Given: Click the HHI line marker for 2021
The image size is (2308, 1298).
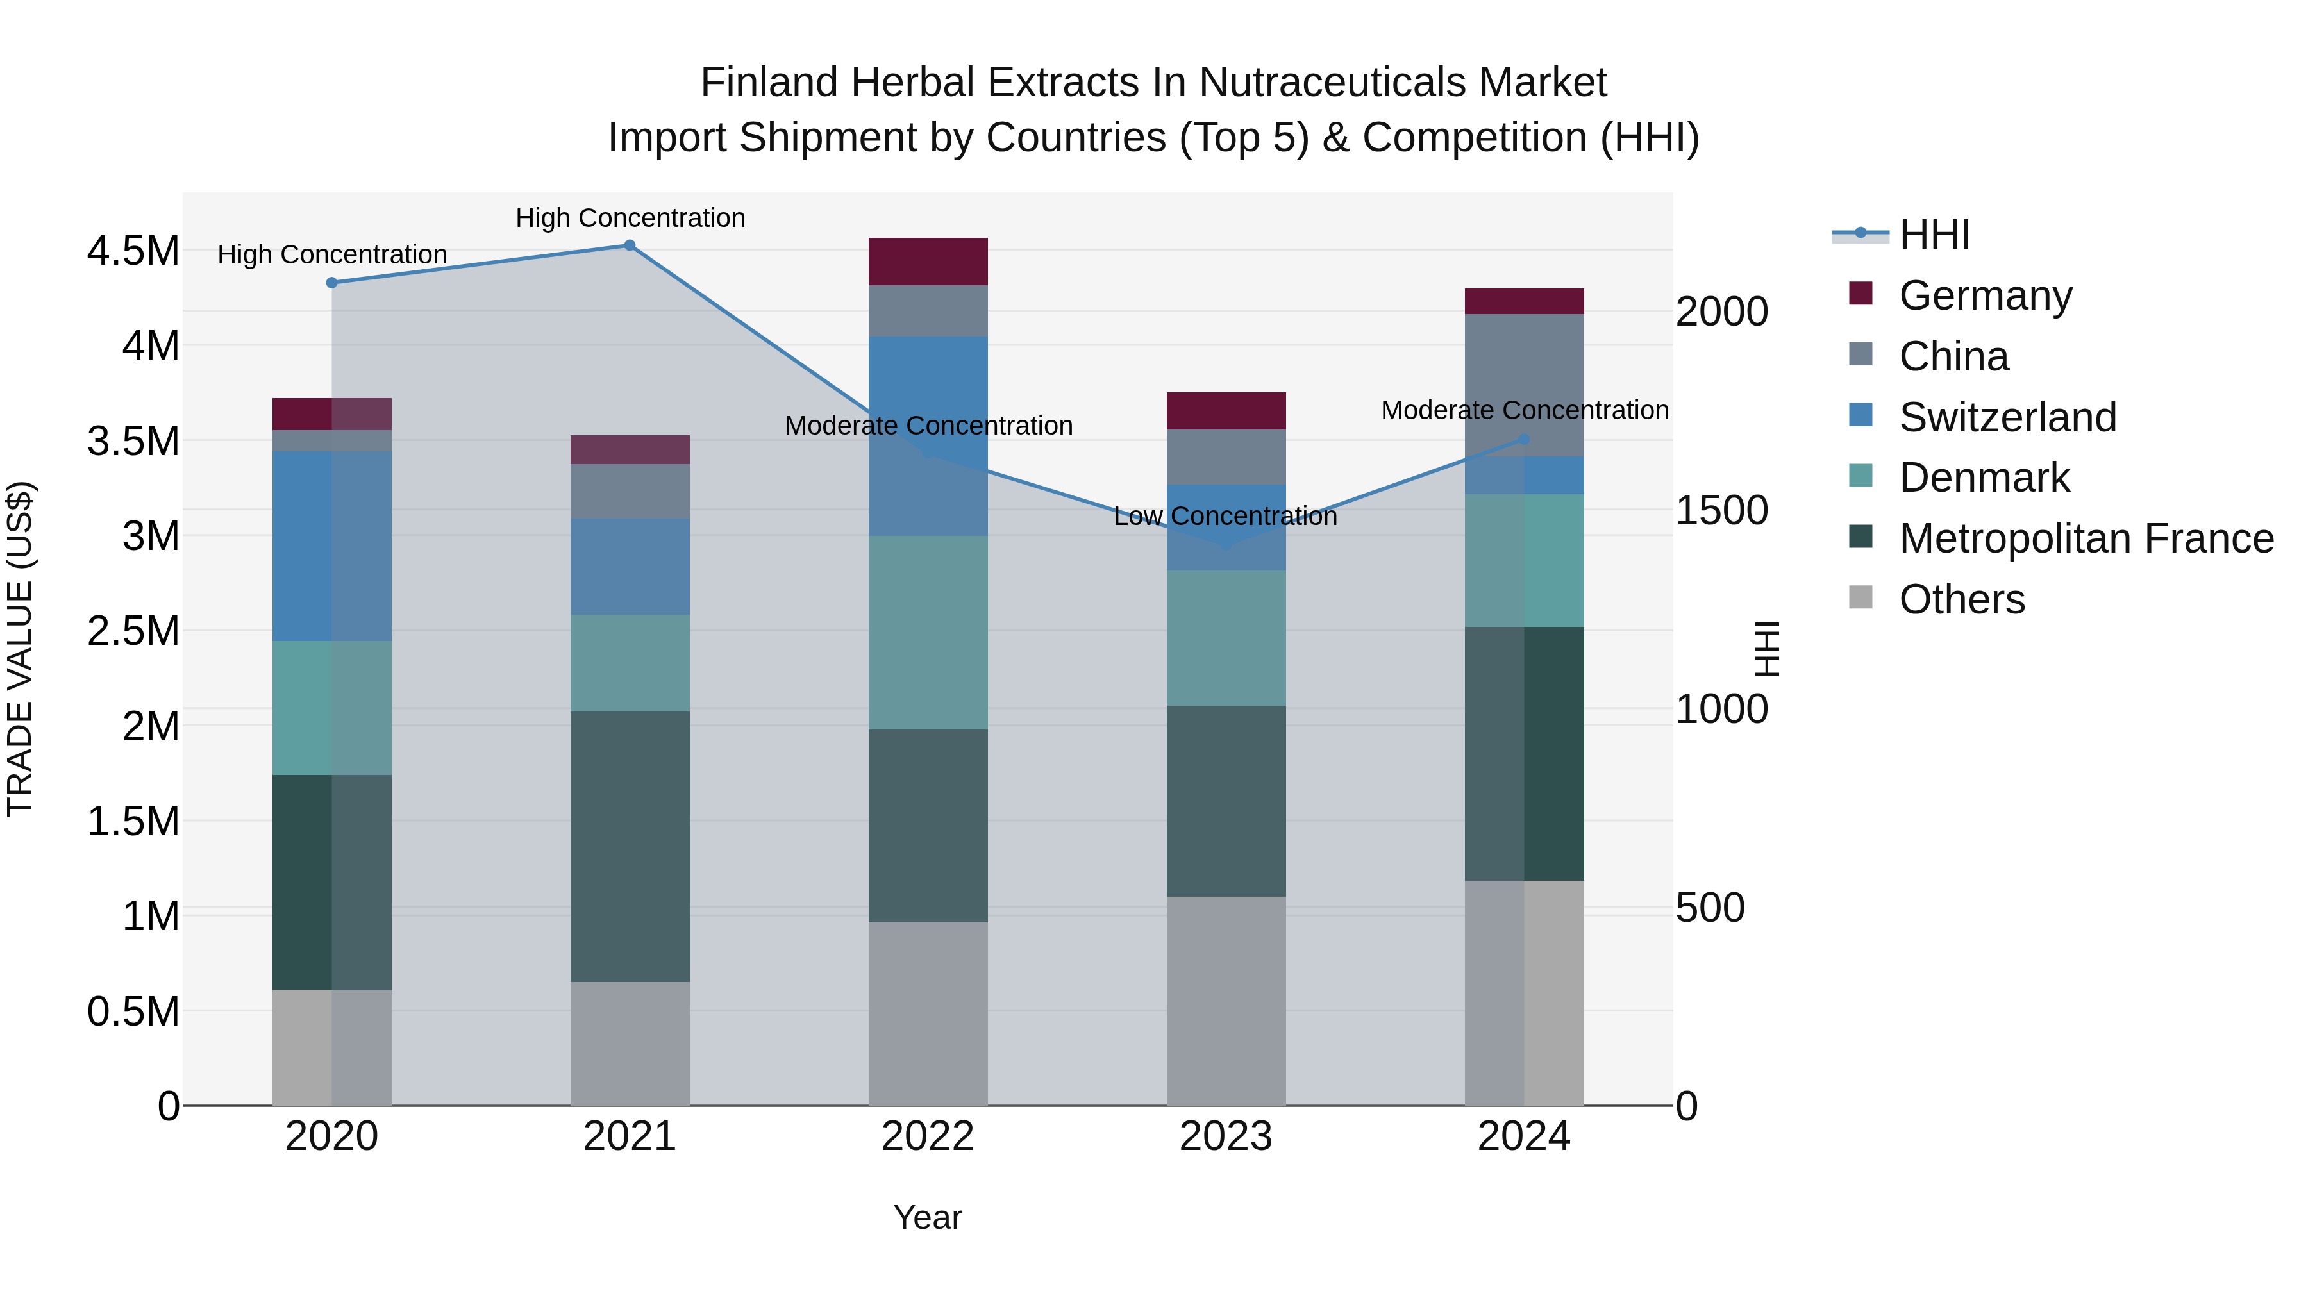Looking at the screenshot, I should tap(630, 245).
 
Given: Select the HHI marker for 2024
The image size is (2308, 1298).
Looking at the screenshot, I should tap(1524, 440).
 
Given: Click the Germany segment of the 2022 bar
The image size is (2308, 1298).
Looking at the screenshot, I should tap(928, 262).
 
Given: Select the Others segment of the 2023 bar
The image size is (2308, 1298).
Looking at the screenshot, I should tap(1226, 1000).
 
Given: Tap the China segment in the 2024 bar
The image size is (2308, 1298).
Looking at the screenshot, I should tap(1524, 385).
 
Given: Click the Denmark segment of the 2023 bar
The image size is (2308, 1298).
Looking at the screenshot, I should tap(1226, 638).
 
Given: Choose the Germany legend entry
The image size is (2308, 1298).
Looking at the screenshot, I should tap(1986, 295).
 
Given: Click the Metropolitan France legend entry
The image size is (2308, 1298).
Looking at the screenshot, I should tap(2086, 538).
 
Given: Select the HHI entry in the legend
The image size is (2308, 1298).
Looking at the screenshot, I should tap(1934, 235).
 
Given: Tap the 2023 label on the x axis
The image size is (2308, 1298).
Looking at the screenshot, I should tap(1226, 1136).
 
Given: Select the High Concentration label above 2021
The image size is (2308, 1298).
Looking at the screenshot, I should tap(630, 218).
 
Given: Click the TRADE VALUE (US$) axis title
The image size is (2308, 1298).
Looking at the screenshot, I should tap(20, 649).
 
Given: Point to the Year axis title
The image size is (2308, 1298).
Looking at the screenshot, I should tap(927, 1217).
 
